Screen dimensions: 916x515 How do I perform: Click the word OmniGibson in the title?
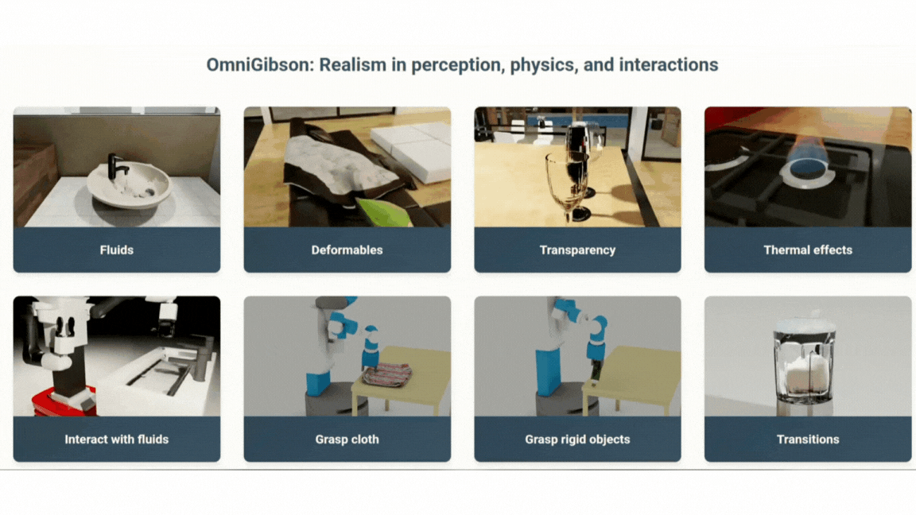click(260, 65)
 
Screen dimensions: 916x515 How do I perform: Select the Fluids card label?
click(117, 250)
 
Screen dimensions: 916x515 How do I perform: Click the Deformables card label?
click(347, 250)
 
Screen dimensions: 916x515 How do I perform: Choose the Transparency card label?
click(578, 250)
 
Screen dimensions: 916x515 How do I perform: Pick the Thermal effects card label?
click(808, 250)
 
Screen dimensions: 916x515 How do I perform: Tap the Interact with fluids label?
click(117, 439)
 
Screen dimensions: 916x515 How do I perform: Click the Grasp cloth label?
click(347, 439)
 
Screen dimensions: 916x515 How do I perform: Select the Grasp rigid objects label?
click(578, 439)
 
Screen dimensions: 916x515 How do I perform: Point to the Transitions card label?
click(808, 439)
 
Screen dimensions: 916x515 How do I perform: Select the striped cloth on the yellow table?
click(388, 374)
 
